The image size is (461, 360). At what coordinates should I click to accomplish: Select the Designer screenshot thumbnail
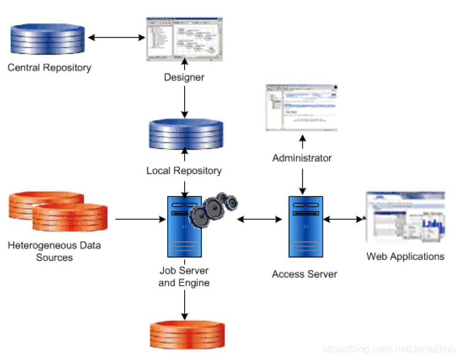coord(185,39)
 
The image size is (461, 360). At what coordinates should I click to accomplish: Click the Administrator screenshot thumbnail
coord(301,107)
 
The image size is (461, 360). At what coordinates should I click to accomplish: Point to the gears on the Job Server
coord(212,208)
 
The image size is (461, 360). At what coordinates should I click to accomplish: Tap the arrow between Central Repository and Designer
coord(117,38)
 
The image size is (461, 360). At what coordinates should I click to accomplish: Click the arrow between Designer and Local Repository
coord(184,99)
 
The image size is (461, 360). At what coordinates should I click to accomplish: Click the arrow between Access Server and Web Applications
coord(343,218)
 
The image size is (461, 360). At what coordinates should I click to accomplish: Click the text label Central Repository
coord(49,67)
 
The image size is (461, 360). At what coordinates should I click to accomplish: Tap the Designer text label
coord(184,77)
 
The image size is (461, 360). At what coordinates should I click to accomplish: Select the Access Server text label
coord(304,274)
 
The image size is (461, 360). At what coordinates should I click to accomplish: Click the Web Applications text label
coord(405,256)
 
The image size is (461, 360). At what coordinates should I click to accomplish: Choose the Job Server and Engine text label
coord(184,277)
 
